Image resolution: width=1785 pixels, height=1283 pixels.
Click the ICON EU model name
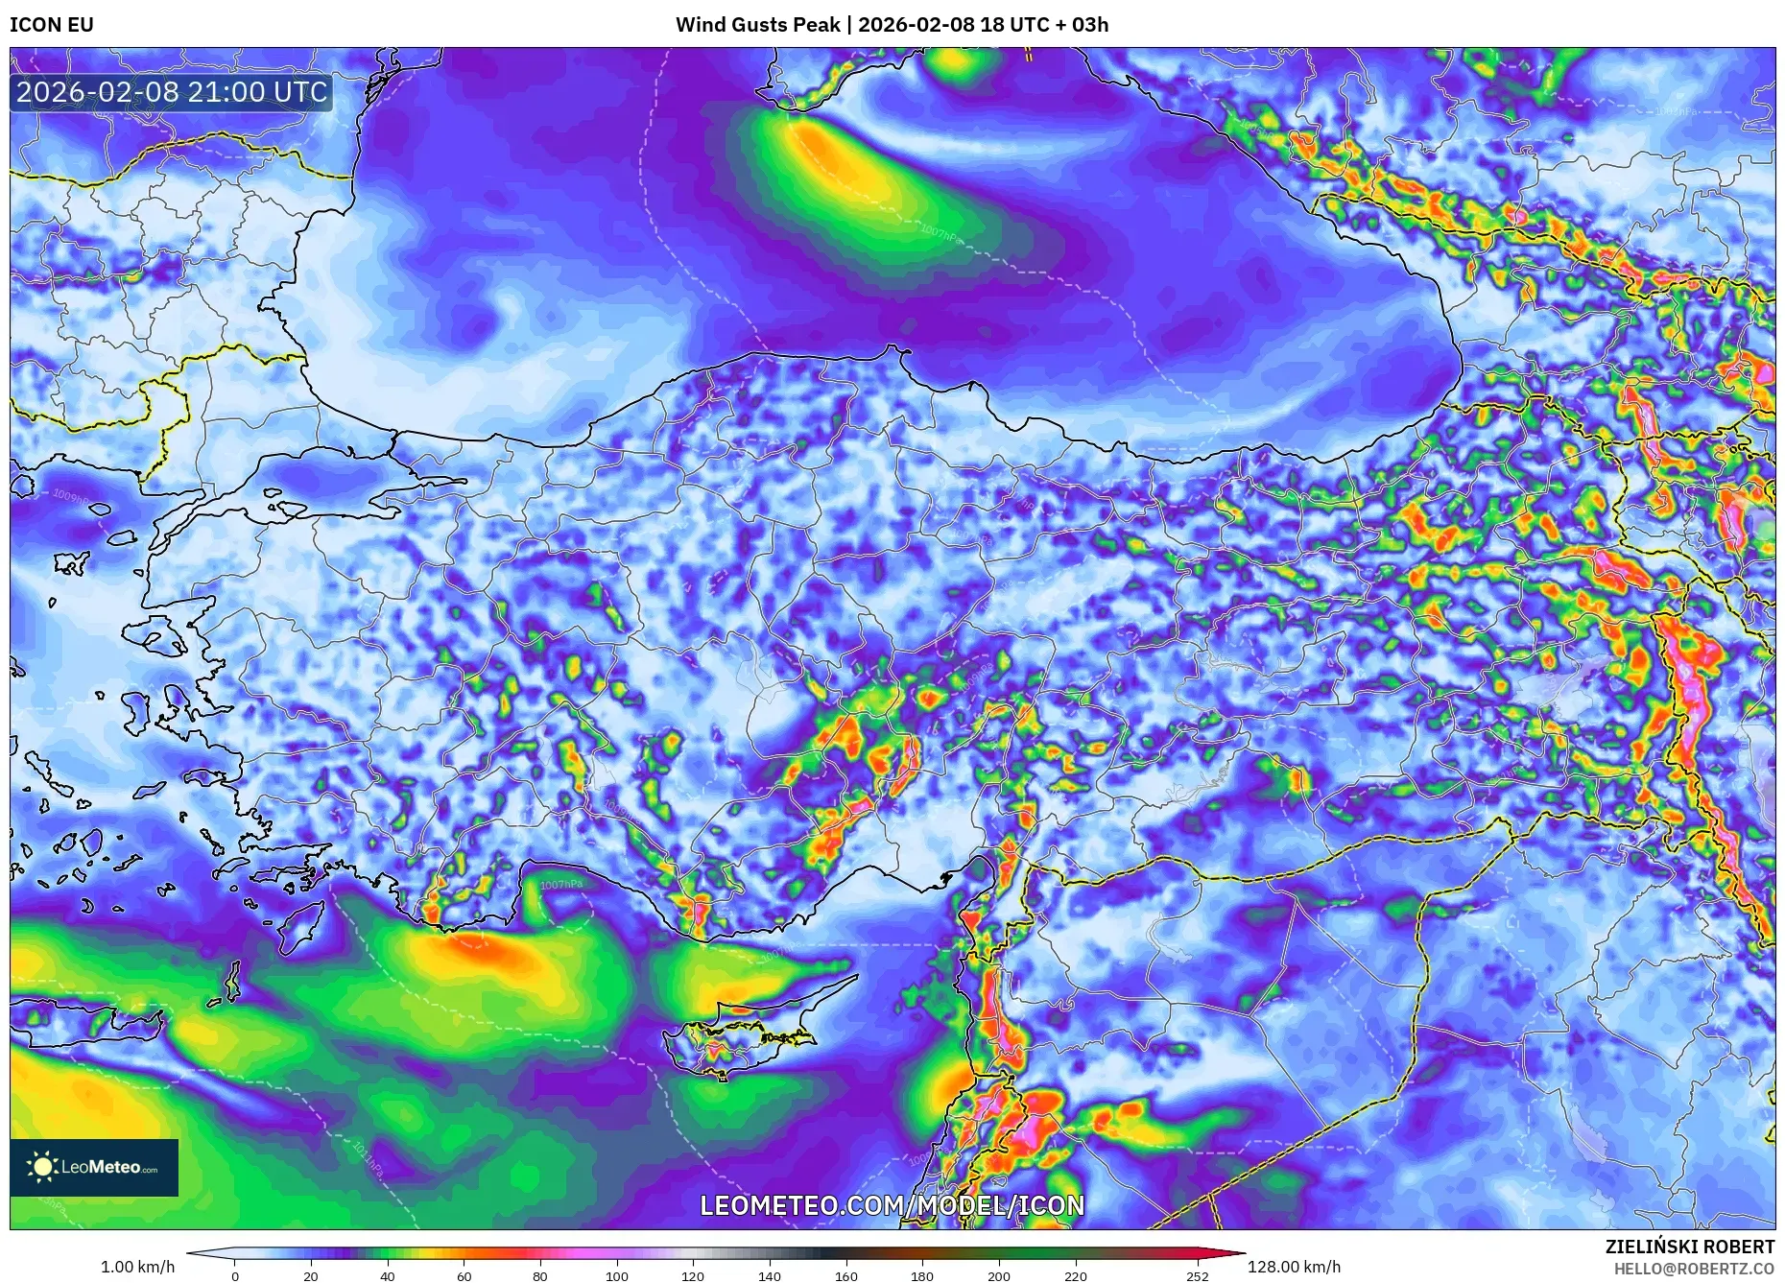click(x=52, y=25)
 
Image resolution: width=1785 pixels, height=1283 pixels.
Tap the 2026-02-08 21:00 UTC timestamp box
click(x=172, y=92)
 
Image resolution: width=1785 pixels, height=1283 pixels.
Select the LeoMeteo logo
click(x=94, y=1167)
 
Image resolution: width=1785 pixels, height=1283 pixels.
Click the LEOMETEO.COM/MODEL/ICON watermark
click(x=892, y=1205)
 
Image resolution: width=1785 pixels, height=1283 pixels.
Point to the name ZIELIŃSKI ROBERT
click(x=1689, y=1247)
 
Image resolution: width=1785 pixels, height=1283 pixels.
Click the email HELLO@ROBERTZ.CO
click(x=1694, y=1269)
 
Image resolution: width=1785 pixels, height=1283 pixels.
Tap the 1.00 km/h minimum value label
click(x=137, y=1267)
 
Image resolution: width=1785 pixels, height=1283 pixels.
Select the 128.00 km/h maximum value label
click(x=1294, y=1267)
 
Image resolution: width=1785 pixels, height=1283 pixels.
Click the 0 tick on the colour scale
click(x=235, y=1276)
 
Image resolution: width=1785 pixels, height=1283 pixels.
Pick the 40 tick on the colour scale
click(x=387, y=1276)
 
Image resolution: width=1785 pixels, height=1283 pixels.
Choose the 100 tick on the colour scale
click(x=616, y=1276)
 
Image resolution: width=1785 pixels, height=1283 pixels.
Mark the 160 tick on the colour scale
click(x=845, y=1276)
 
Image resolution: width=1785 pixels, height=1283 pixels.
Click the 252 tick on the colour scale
click(x=1197, y=1276)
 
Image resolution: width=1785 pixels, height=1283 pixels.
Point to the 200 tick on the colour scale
click(x=998, y=1276)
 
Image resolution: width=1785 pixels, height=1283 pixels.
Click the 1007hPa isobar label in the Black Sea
click(x=940, y=232)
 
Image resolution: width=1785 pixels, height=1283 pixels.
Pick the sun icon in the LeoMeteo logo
click(x=43, y=1167)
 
